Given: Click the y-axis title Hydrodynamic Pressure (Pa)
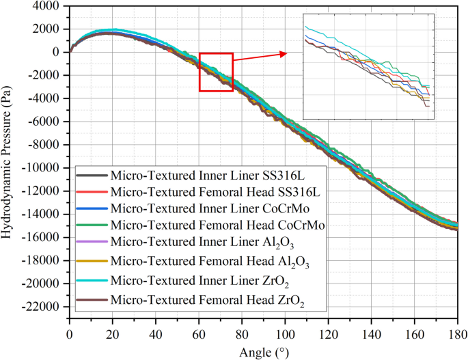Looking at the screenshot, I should (x=9, y=155).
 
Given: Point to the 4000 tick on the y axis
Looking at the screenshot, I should (x=46, y=5).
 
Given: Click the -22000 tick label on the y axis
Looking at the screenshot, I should (x=40, y=307).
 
